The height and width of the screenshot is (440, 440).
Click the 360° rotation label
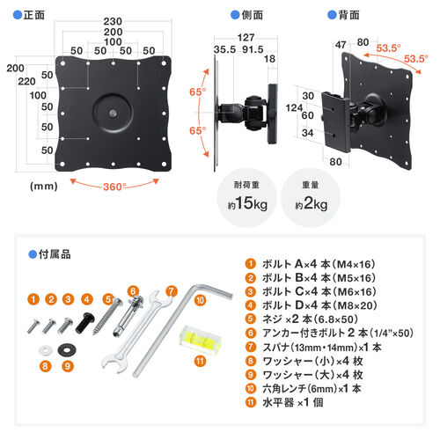[x=114, y=186]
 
